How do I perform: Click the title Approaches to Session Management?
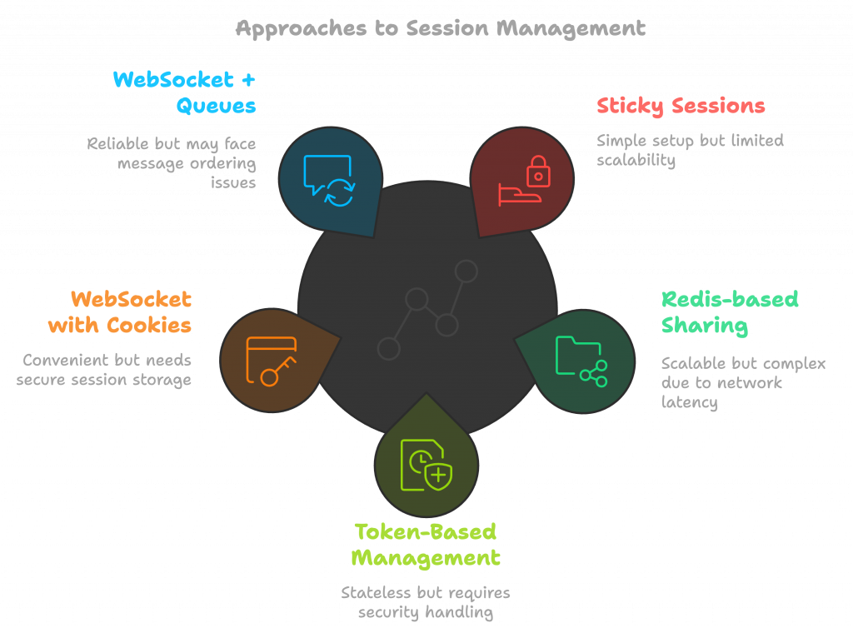pos(440,28)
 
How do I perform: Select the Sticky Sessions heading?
pos(681,106)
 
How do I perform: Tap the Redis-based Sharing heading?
pos(729,312)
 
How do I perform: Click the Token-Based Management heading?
pos(426,544)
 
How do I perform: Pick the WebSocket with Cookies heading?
pos(120,312)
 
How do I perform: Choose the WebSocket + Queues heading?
pos(184,92)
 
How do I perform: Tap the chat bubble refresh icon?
pos(330,180)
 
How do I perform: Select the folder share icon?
pos(581,360)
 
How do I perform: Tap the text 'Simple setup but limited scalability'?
pos(689,150)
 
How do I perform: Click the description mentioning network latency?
pos(742,383)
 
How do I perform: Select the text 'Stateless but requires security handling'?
pos(426,602)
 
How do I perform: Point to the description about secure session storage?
pos(107,370)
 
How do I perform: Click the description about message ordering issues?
pos(172,162)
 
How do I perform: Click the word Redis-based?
pos(729,299)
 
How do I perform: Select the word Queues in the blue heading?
pos(215,106)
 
